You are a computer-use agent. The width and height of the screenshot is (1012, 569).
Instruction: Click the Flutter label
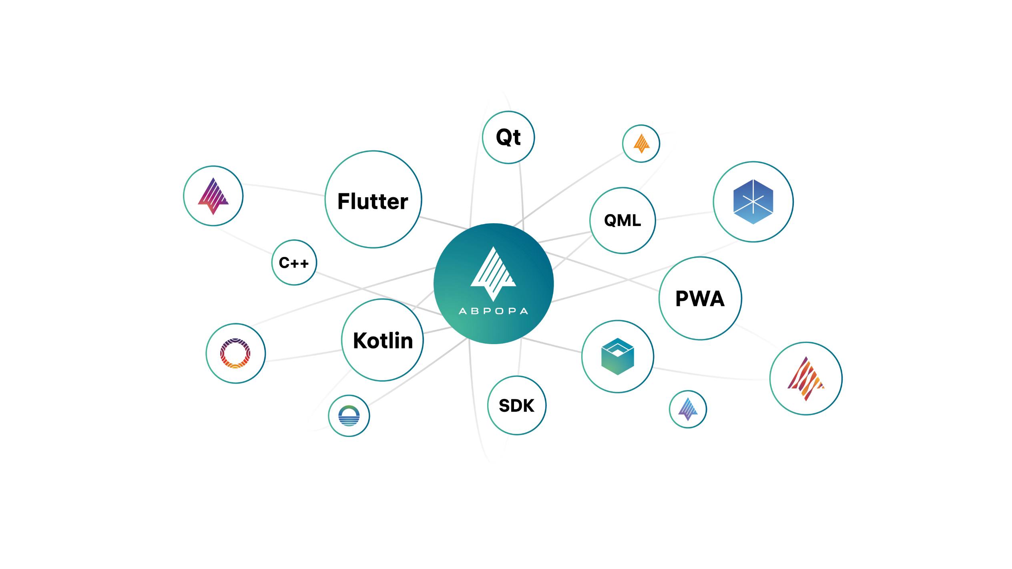point(373,201)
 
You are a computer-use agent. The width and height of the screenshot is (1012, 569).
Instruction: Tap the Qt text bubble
point(508,137)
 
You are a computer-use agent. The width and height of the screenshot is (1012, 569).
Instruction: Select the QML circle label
point(622,220)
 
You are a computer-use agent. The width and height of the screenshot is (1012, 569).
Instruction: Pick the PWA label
point(700,299)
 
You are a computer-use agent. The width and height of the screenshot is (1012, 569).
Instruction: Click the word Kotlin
point(383,341)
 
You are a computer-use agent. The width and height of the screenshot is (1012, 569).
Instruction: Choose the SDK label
point(516,406)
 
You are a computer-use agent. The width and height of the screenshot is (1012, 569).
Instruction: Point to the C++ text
point(294,263)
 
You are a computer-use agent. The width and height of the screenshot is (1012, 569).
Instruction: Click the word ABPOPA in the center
point(493,311)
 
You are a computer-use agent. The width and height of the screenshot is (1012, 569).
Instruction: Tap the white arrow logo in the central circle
point(493,274)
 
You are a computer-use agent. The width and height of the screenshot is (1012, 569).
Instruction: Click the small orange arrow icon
point(641,143)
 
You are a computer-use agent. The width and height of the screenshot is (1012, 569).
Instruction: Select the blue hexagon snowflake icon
point(753,202)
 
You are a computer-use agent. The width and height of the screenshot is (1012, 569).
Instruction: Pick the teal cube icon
point(617,356)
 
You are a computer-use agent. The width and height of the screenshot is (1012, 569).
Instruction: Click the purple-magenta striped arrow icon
point(213,196)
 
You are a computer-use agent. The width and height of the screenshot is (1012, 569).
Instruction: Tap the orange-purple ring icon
point(235,353)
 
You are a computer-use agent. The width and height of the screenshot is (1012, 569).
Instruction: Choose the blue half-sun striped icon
point(349,416)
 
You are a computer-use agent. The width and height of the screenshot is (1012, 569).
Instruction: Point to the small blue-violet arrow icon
point(688,409)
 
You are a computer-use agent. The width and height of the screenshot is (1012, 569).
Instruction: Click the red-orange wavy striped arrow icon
point(805,379)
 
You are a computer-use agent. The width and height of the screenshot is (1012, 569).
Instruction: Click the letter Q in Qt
point(503,137)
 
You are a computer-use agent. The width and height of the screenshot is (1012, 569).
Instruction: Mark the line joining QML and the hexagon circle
point(685,216)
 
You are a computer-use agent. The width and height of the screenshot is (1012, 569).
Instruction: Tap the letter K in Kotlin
point(359,341)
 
